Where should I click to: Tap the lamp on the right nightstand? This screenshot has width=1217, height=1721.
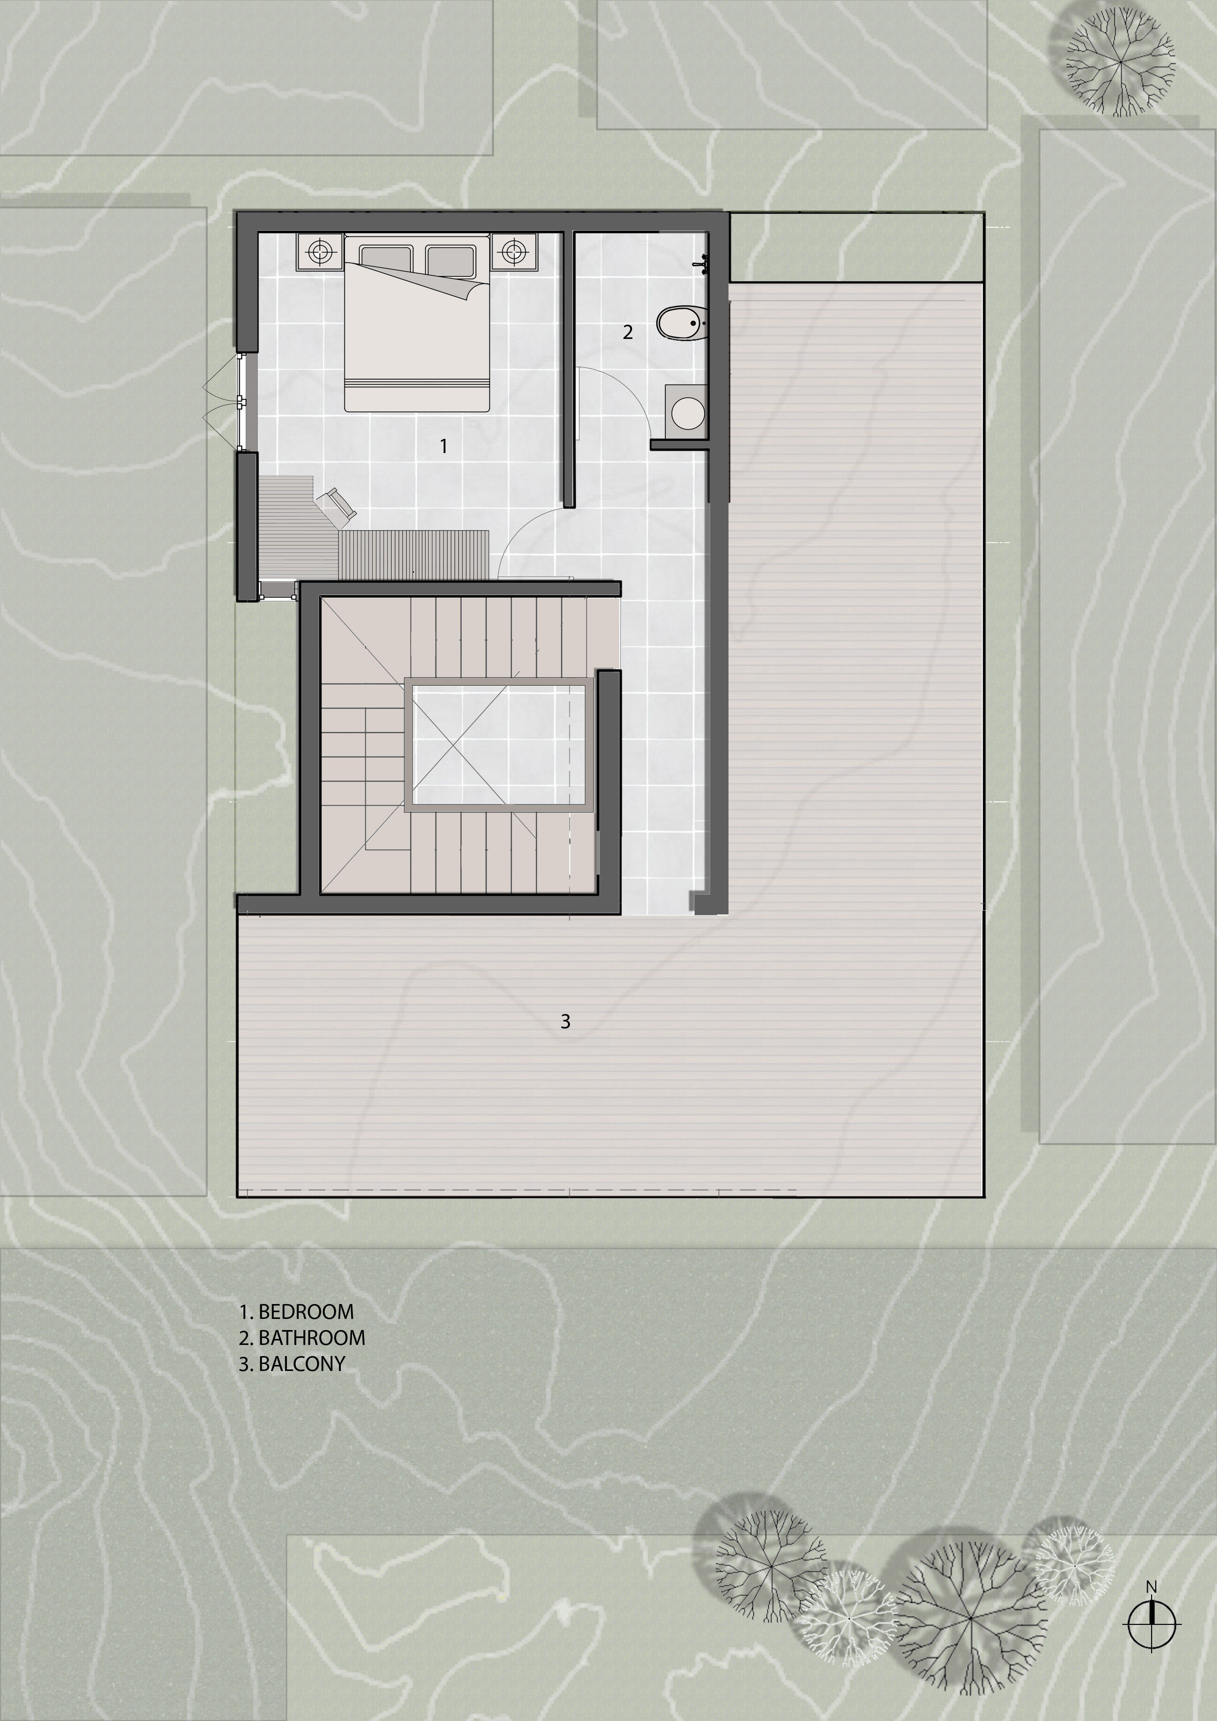(514, 252)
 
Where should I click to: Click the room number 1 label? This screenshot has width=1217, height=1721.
(444, 446)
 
